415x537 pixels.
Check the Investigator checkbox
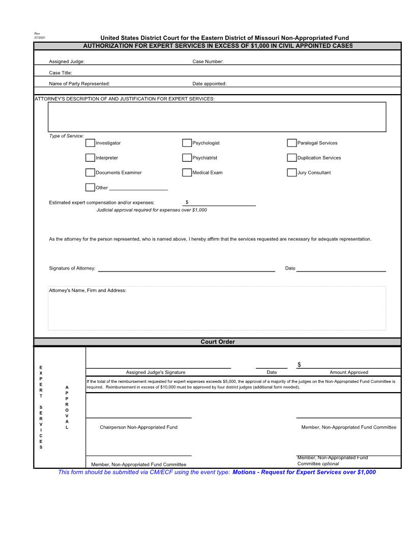click(x=90, y=143)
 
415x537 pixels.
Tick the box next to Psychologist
click(x=187, y=143)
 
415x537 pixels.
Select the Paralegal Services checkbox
click(x=292, y=143)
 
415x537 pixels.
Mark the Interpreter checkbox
click(x=90, y=158)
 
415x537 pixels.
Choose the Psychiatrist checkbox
click(x=187, y=158)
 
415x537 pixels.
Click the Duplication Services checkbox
click(x=292, y=158)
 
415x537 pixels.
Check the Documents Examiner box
click(x=90, y=172)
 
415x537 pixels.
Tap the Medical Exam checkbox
click(x=187, y=172)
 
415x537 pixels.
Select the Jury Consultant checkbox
click(x=292, y=172)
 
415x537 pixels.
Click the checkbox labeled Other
click(x=90, y=187)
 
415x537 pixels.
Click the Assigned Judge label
click(x=67, y=62)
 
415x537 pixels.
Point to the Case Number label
click(x=207, y=62)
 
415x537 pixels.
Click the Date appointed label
click(x=209, y=83)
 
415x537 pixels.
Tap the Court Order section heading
click(x=218, y=342)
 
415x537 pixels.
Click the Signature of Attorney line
click(x=186, y=268)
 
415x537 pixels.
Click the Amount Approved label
click(x=349, y=372)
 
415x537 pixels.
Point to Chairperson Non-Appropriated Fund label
click(x=138, y=427)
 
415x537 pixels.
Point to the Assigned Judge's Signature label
click(x=156, y=372)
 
